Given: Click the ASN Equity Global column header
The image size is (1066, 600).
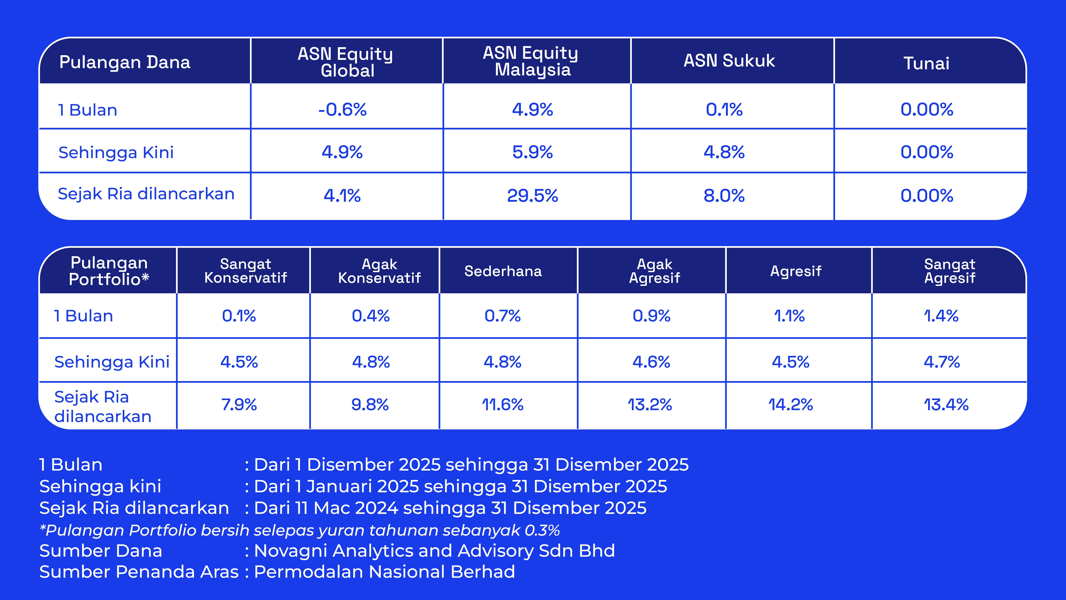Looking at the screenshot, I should point(346,62).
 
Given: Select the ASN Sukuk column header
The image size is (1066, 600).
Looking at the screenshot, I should point(729,61).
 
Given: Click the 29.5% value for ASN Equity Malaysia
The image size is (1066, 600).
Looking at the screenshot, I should point(533,195).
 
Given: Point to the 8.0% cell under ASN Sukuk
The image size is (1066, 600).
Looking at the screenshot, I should point(724,195).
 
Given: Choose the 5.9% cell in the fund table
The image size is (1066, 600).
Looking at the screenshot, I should point(533,152).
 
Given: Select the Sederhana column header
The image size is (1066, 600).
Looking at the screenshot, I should point(503,271).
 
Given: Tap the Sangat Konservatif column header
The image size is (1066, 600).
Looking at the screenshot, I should point(245,271).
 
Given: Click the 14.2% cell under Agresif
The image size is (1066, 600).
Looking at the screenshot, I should point(790,405).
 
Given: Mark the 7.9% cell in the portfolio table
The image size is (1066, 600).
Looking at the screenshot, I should point(239,405).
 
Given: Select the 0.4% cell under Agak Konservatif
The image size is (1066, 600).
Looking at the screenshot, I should point(371,316).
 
